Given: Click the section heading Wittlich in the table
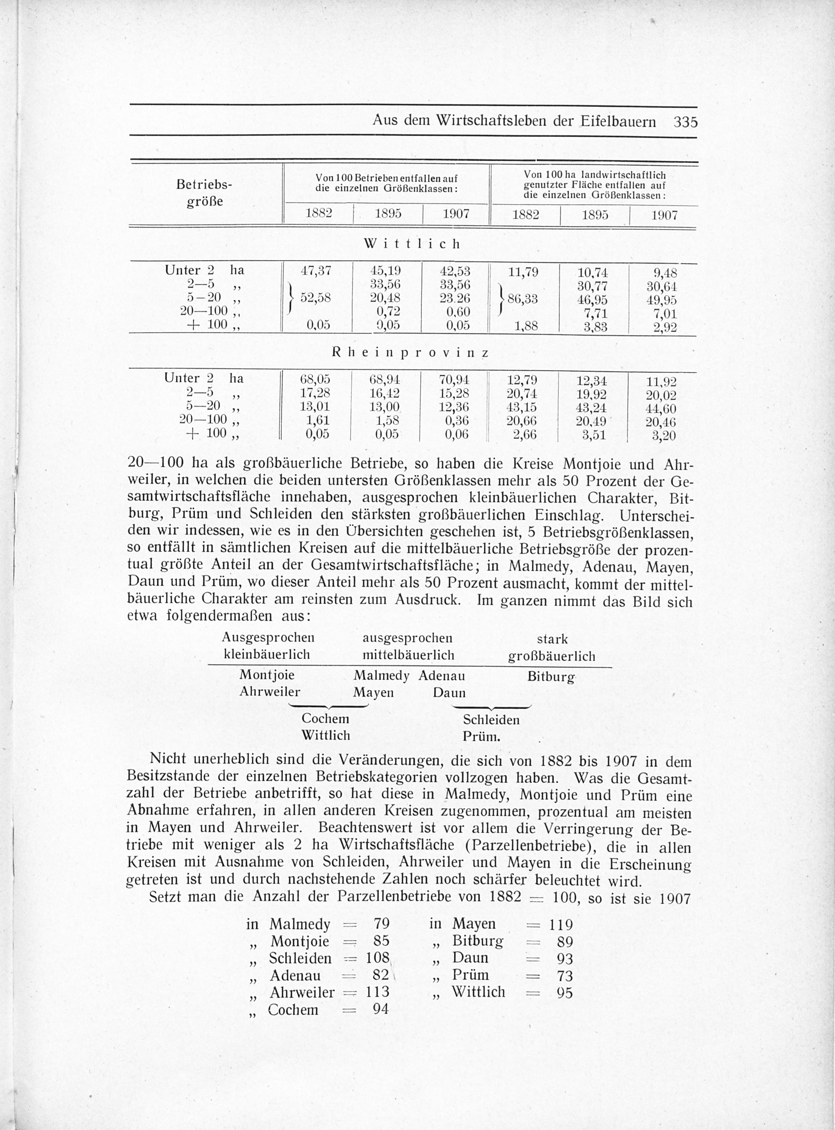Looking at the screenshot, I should coord(412,244).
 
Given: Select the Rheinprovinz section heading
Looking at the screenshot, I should coord(410,353).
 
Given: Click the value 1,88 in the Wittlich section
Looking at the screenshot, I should coord(525,326).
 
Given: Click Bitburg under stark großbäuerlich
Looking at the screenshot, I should coord(551,676).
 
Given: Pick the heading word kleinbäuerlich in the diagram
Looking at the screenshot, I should coord(266,655).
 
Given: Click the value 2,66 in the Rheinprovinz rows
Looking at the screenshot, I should coord(524,435).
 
